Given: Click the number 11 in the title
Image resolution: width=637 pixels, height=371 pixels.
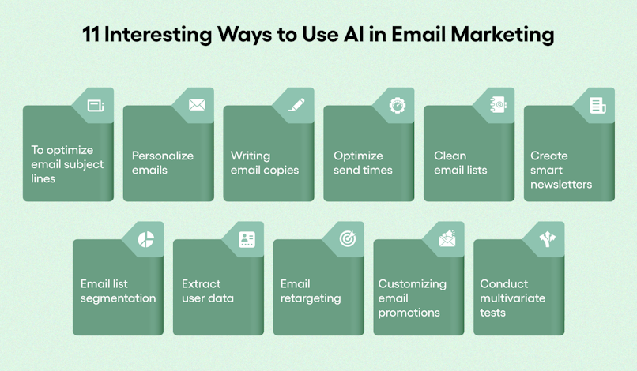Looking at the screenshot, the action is (91, 34).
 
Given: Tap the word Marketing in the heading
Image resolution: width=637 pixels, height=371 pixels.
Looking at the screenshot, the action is (503, 35).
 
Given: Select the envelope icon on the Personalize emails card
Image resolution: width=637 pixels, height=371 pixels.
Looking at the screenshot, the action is (197, 105).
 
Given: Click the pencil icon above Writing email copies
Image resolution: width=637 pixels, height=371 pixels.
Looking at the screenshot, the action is (296, 105).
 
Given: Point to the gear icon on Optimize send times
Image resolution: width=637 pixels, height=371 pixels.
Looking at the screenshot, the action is (398, 105).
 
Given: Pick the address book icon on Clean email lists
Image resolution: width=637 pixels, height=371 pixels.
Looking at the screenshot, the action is (498, 105).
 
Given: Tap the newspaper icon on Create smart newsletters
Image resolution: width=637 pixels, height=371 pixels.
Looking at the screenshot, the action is (597, 106).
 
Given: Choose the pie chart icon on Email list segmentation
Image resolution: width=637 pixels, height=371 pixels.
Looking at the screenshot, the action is (146, 239).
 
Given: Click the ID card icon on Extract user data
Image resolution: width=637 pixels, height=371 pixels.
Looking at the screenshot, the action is (247, 239).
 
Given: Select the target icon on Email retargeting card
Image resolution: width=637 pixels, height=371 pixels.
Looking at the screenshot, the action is (347, 238).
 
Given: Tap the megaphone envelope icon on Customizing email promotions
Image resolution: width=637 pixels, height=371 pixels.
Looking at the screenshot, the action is (447, 238).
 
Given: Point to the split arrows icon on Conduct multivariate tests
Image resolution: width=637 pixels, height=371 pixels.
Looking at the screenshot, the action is (547, 239).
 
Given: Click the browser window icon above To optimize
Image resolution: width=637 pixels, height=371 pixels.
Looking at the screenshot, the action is (96, 106).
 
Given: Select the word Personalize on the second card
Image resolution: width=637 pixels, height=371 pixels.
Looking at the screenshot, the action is (163, 156).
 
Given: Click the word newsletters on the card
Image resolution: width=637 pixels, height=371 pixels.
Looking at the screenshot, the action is (561, 184).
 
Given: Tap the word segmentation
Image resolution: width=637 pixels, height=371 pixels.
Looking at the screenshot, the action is (119, 298).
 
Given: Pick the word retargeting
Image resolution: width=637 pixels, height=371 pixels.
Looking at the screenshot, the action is (311, 298).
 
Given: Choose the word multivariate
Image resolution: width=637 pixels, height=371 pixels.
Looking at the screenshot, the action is (513, 298).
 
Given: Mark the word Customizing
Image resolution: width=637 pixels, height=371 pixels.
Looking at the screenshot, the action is (413, 284).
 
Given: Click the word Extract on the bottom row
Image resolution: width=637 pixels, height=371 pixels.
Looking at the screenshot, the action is (202, 283).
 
